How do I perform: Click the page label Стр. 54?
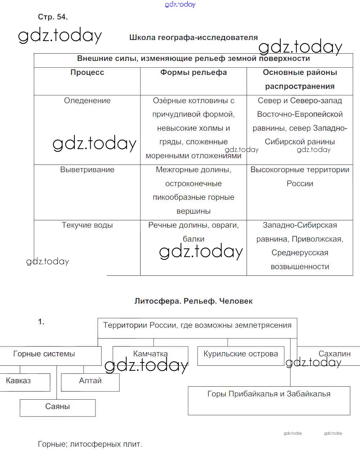[x=53, y=17]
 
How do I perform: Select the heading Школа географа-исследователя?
[x=193, y=37]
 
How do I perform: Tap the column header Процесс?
[x=87, y=72]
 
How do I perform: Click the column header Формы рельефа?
[x=193, y=72]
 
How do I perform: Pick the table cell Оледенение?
[x=87, y=100]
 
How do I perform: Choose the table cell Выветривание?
[x=87, y=170]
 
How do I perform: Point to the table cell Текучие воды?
[x=87, y=225]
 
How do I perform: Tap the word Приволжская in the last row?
[x=317, y=239]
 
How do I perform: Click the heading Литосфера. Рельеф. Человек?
[x=193, y=301]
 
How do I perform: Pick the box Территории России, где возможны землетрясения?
[x=197, y=326]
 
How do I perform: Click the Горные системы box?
[x=44, y=354]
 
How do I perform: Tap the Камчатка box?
[x=150, y=354]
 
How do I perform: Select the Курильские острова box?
[x=240, y=354]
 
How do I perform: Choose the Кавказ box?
[x=19, y=381]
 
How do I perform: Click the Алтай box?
[x=90, y=381]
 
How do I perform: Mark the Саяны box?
[x=58, y=407]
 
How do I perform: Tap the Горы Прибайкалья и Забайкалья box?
[x=269, y=395]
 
